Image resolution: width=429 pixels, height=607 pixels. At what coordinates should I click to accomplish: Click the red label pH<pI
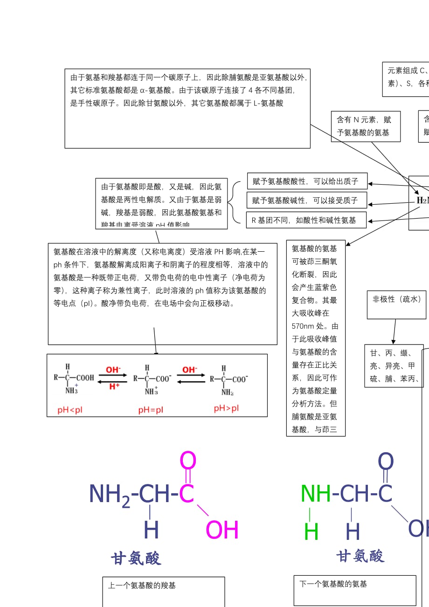tap(70, 410)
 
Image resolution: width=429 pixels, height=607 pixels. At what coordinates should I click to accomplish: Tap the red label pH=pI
tap(151, 410)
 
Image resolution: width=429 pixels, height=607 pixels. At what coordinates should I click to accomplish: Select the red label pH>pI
tap(226, 408)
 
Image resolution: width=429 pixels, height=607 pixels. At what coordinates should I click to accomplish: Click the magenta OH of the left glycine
tap(222, 531)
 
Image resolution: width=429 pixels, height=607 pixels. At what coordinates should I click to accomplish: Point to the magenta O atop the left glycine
tap(188, 461)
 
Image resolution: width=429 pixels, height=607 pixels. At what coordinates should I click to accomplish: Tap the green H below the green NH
tap(311, 532)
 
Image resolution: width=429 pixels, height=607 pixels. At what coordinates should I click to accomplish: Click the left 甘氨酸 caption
tap(136, 558)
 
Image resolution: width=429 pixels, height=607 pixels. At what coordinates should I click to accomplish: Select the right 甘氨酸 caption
tap(360, 556)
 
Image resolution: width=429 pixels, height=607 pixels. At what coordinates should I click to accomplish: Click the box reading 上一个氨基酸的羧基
tap(163, 591)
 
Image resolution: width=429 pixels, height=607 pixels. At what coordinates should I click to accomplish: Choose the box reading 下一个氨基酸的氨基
tap(354, 590)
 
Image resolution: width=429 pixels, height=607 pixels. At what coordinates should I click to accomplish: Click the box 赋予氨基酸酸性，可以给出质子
tap(306, 181)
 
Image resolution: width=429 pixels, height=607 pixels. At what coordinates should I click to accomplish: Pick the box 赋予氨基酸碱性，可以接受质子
tap(306, 200)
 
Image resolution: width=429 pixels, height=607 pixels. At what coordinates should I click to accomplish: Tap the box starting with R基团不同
tap(306, 220)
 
